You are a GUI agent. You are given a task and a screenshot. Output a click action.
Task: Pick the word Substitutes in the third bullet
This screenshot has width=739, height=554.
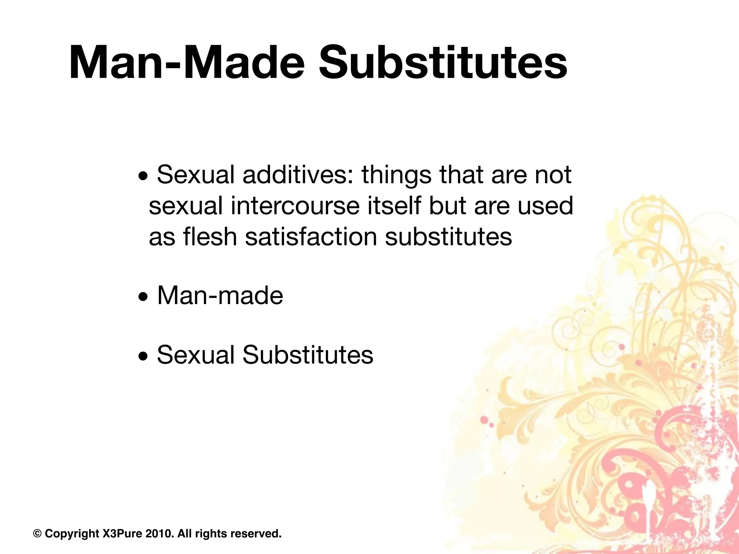pyautogui.click(x=308, y=355)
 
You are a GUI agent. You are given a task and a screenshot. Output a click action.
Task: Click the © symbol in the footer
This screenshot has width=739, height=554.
pyautogui.click(x=37, y=533)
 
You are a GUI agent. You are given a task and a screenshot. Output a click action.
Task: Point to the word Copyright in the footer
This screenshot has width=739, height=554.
pyautogui.click(x=72, y=533)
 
